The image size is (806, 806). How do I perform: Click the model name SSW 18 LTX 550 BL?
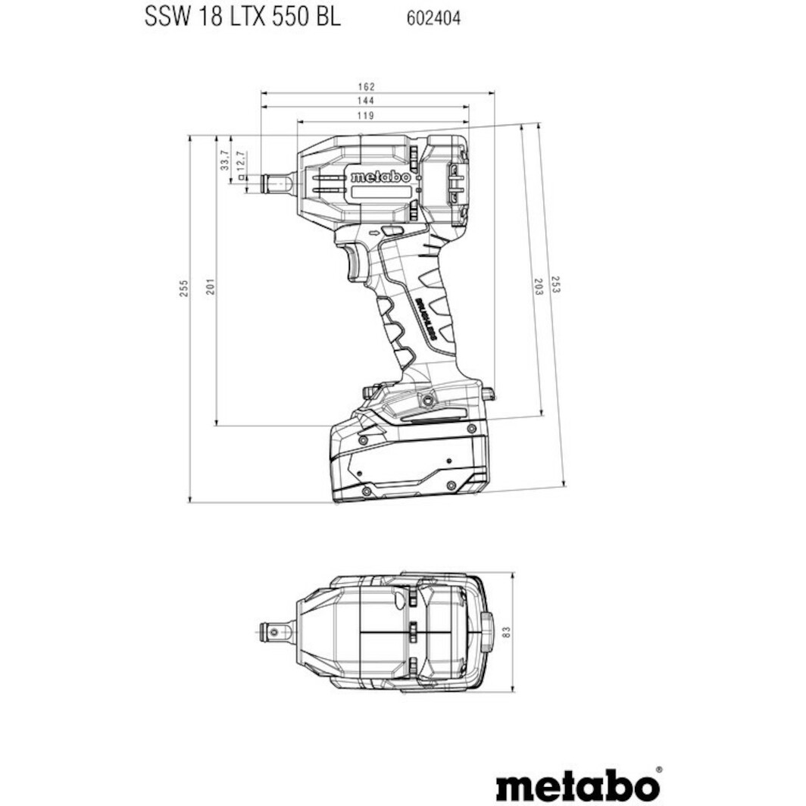pyautogui.click(x=242, y=17)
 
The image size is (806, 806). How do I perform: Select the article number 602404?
pyautogui.click(x=428, y=17)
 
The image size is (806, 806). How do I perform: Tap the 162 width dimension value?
pyautogui.click(x=367, y=87)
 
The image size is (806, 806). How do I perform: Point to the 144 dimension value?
pyautogui.click(x=367, y=101)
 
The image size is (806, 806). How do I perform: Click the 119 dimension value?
pyautogui.click(x=367, y=116)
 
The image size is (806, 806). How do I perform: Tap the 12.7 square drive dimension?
pyautogui.click(x=241, y=161)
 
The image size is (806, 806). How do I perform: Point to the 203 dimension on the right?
pyautogui.click(x=538, y=286)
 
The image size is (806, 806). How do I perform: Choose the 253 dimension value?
pyautogui.click(x=555, y=285)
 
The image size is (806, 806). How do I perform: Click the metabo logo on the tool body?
pyautogui.click(x=380, y=177)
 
